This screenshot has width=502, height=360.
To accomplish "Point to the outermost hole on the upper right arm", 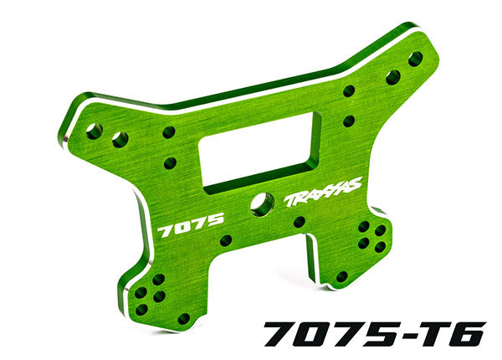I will [415, 59].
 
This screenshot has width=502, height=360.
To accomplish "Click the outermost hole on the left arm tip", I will [94, 131].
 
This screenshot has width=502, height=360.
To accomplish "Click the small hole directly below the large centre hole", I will [299, 222].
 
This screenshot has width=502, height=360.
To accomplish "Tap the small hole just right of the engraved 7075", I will [225, 240].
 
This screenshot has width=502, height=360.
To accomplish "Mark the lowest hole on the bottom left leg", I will [184, 318].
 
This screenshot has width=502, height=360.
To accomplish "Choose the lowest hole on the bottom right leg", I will [341, 275].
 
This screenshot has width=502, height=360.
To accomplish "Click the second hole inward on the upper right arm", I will [392, 77].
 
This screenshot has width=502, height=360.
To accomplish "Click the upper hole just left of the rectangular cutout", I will [168, 132].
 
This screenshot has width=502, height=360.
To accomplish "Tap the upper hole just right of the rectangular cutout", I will [348, 90].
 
